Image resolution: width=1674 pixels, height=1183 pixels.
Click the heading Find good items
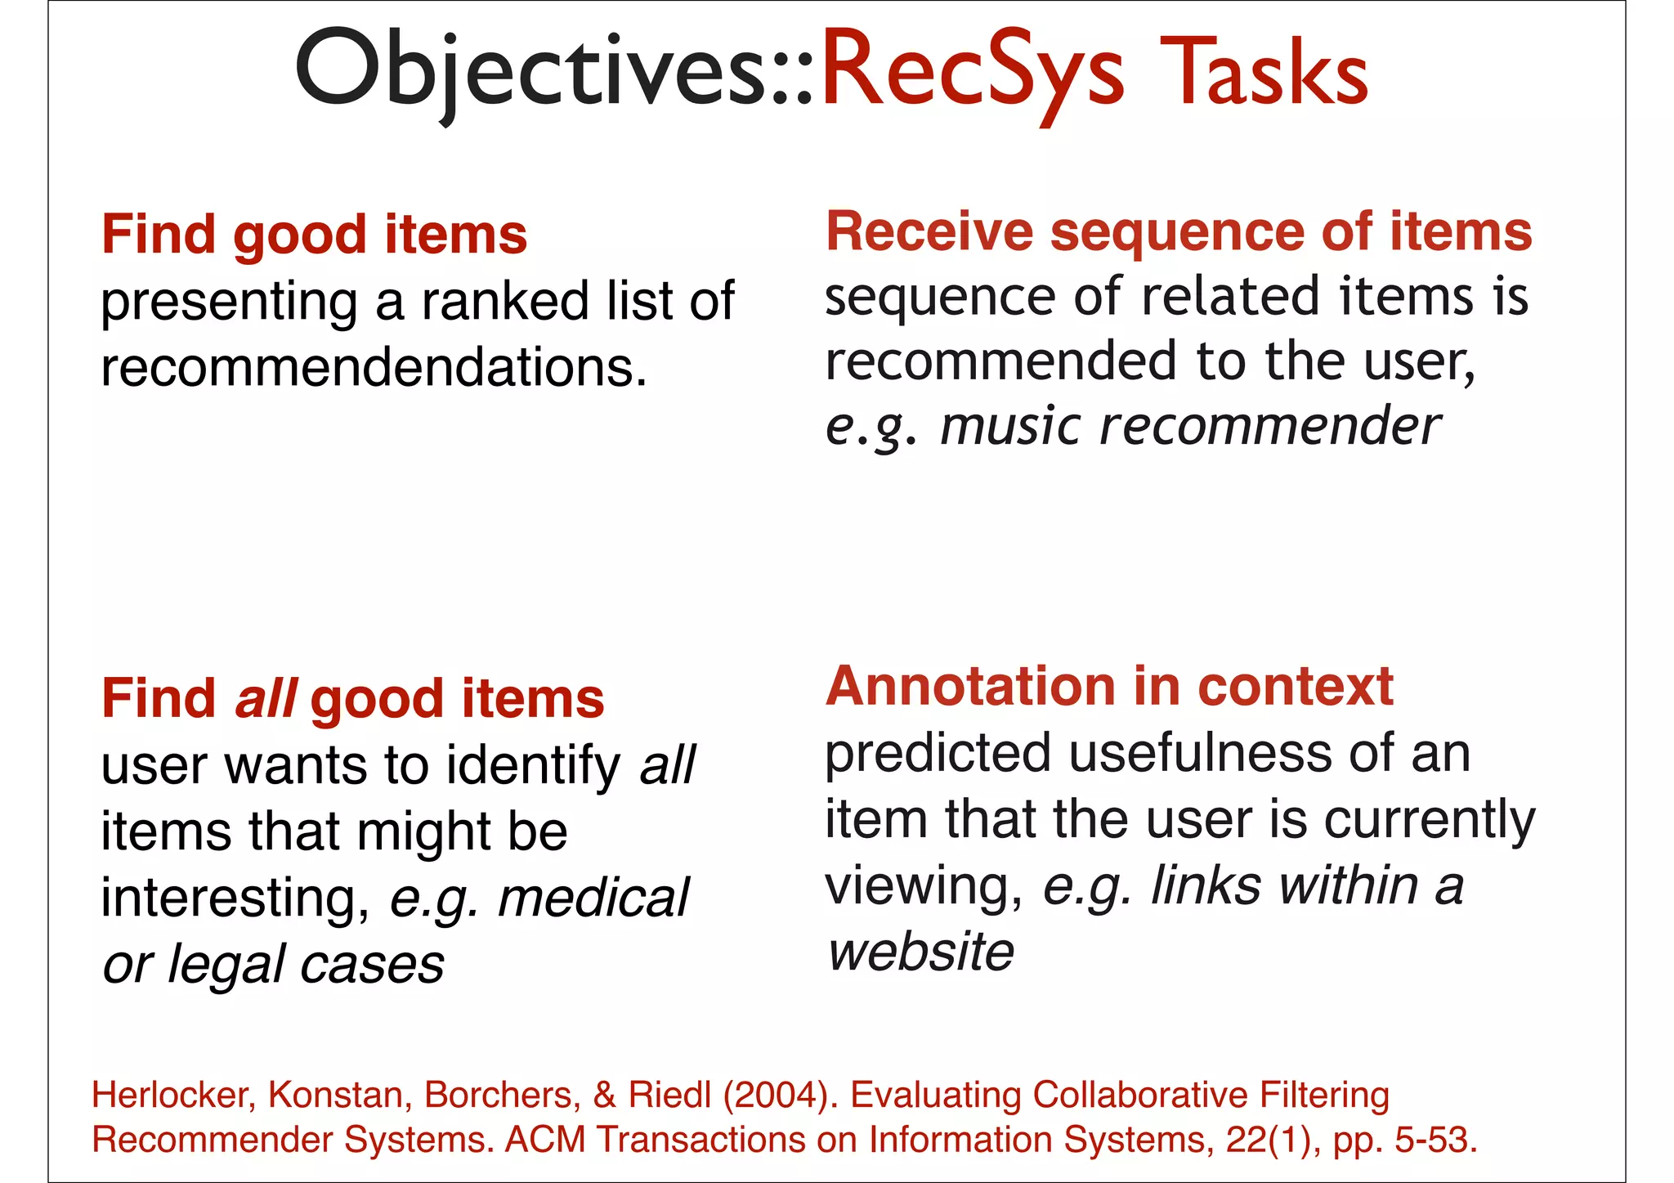click(x=314, y=235)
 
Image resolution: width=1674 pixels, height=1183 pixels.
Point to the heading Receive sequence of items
click(x=1178, y=231)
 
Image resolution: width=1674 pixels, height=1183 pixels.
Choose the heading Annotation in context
click(x=1108, y=686)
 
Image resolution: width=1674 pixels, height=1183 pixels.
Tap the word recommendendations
click(x=374, y=367)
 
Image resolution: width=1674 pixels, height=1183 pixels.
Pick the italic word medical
click(x=593, y=898)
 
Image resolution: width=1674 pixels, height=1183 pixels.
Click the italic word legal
click(x=226, y=965)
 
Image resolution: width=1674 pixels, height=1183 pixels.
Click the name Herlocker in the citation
click(x=174, y=1095)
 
